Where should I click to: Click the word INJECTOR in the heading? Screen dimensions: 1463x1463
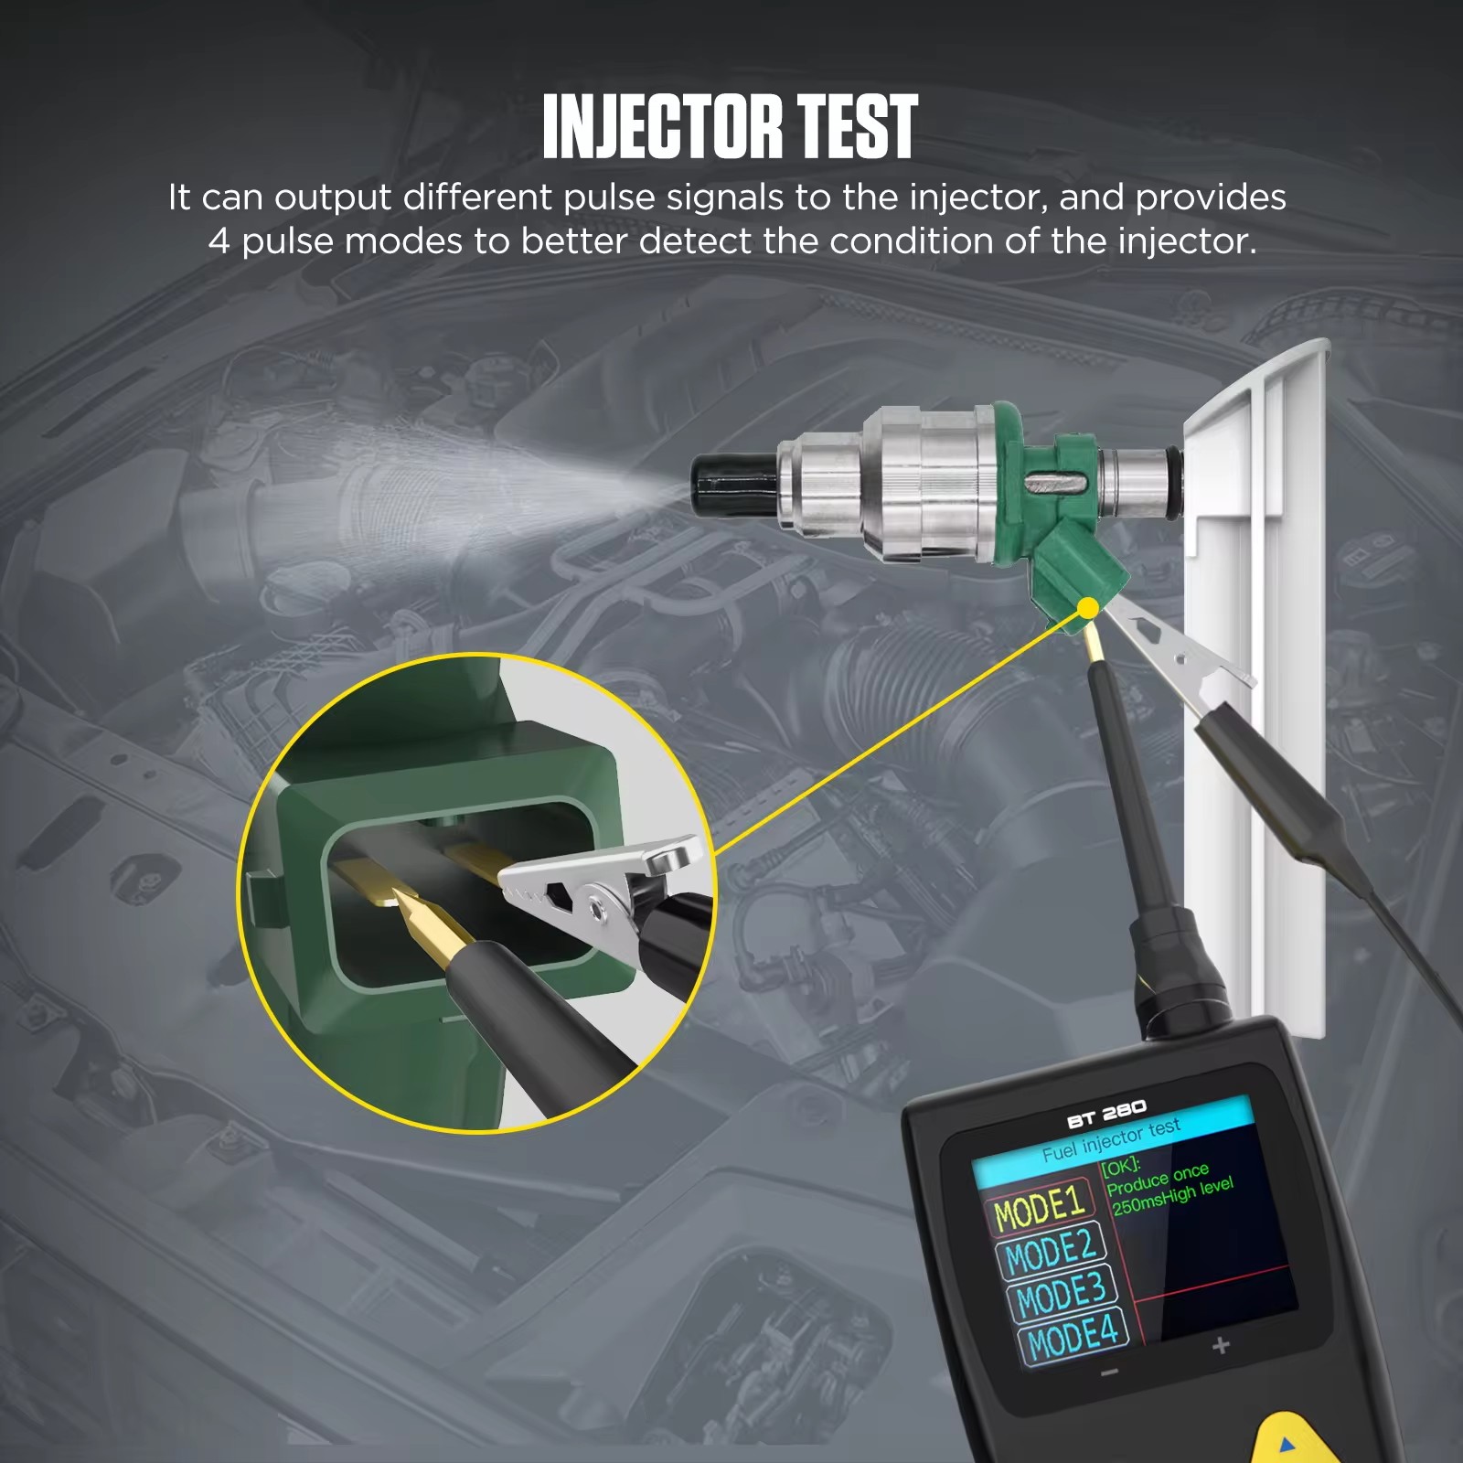coord(662,126)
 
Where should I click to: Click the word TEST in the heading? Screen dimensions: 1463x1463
coord(857,126)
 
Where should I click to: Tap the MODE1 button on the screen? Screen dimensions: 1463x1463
coord(1040,1207)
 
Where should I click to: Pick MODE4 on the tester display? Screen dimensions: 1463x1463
coord(1073,1336)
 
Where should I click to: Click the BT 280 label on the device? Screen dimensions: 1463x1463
coord(1106,1115)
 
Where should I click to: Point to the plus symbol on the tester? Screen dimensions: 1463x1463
coord(1221,1345)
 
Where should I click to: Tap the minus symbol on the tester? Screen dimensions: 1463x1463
coord(1109,1372)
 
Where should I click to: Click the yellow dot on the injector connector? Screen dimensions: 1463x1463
coord(1088,608)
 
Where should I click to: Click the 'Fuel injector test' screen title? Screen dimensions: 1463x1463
coord(1112,1140)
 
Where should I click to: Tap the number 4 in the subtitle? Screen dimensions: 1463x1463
coord(219,241)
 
